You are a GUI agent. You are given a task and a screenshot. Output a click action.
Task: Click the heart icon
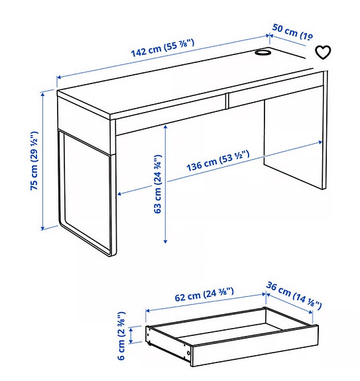322,52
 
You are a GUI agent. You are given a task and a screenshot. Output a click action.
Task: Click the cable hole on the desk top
262,52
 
